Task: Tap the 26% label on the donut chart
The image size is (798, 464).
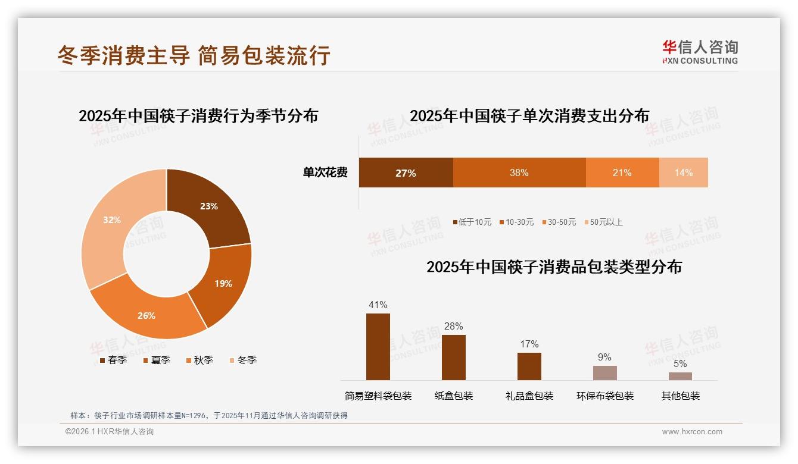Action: [x=146, y=315]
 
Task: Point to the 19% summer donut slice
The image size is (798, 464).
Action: [x=223, y=283]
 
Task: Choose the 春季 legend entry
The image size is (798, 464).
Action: [x=113, y=360]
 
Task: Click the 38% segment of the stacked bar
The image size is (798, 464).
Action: [x=519, y=173]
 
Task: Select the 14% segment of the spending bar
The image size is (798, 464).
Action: [x=683, y=173]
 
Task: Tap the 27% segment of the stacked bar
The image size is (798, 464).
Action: [x=406, y=173]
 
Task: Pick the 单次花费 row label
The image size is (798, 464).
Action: [x=325, y=173]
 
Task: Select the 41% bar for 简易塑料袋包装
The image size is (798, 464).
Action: [x=378, y=347]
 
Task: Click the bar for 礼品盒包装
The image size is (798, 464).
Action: [x=529, y=366]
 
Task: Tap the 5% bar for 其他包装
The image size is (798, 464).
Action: [x=680, y=376]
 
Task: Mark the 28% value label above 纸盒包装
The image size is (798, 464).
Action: [x=453, y=326]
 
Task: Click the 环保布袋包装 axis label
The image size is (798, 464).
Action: [x=605, y=396]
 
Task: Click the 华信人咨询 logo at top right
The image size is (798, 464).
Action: [x=700, y=52]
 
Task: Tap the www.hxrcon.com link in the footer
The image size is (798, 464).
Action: [x=692, y=432]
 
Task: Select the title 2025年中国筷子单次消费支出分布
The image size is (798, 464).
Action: [x=529, y=115]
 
